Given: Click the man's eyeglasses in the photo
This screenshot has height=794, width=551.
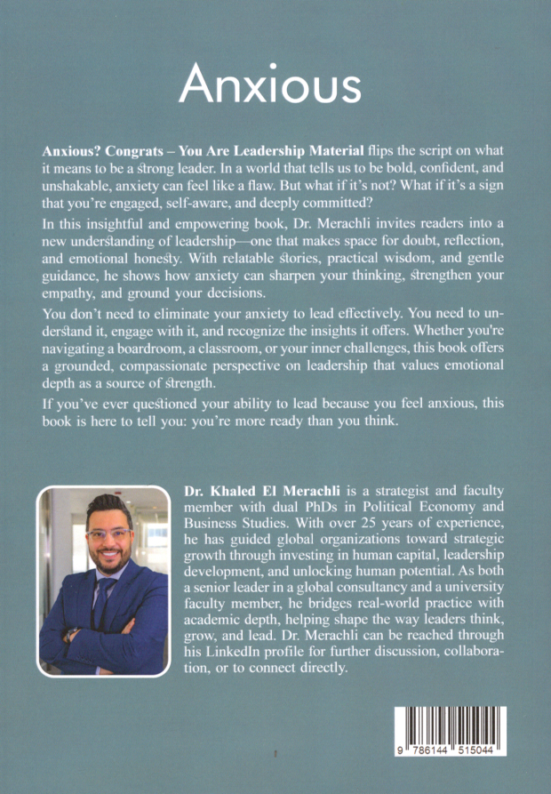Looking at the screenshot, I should (x=108, y=534).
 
